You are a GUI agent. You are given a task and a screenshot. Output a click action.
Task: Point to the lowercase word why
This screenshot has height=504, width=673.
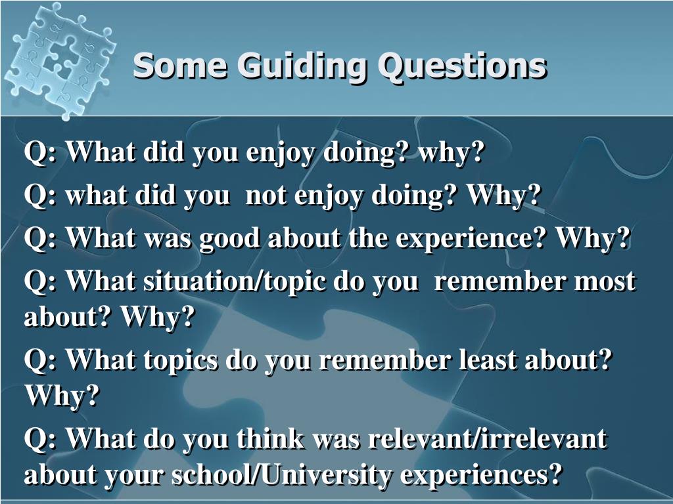(451, 152)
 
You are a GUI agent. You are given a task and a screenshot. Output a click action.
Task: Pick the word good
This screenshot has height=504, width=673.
(229, 238)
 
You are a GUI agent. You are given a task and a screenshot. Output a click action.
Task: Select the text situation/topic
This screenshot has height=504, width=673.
(234, 282)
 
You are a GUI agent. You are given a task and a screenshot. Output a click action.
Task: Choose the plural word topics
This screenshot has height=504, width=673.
(180, 361)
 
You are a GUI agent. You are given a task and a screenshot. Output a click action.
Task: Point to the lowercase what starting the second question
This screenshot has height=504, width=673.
(96, 196)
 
